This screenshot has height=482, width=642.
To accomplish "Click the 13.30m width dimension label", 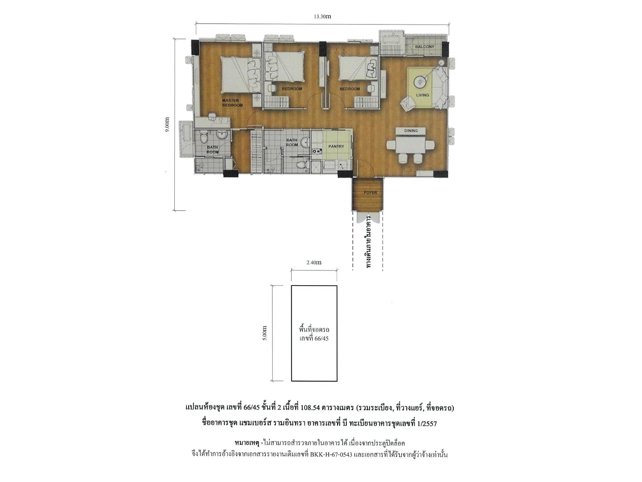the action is tap(322, 17).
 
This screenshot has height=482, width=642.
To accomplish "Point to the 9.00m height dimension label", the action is tap(167, 125).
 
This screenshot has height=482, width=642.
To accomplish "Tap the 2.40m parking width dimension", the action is tap(314, 262).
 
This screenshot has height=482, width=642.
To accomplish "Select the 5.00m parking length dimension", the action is tap(265, 333).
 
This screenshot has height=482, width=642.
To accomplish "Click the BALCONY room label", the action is tap(425, 47).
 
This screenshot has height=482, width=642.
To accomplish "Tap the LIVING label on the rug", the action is tap(422, 95).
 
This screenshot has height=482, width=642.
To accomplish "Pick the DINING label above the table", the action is tap(411, 130).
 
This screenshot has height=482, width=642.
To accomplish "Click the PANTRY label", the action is tap(336, 146).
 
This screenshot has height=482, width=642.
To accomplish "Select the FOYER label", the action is tap(370, 192).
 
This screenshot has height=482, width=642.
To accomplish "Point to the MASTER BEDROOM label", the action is tap(232, 103).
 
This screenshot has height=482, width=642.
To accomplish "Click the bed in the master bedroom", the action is tap(240, 75).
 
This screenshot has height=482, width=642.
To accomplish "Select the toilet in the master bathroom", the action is tap(203, 139).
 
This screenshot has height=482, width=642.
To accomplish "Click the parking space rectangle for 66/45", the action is tap(314, 333).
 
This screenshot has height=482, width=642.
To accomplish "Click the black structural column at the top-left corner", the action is tap(195, 47).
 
